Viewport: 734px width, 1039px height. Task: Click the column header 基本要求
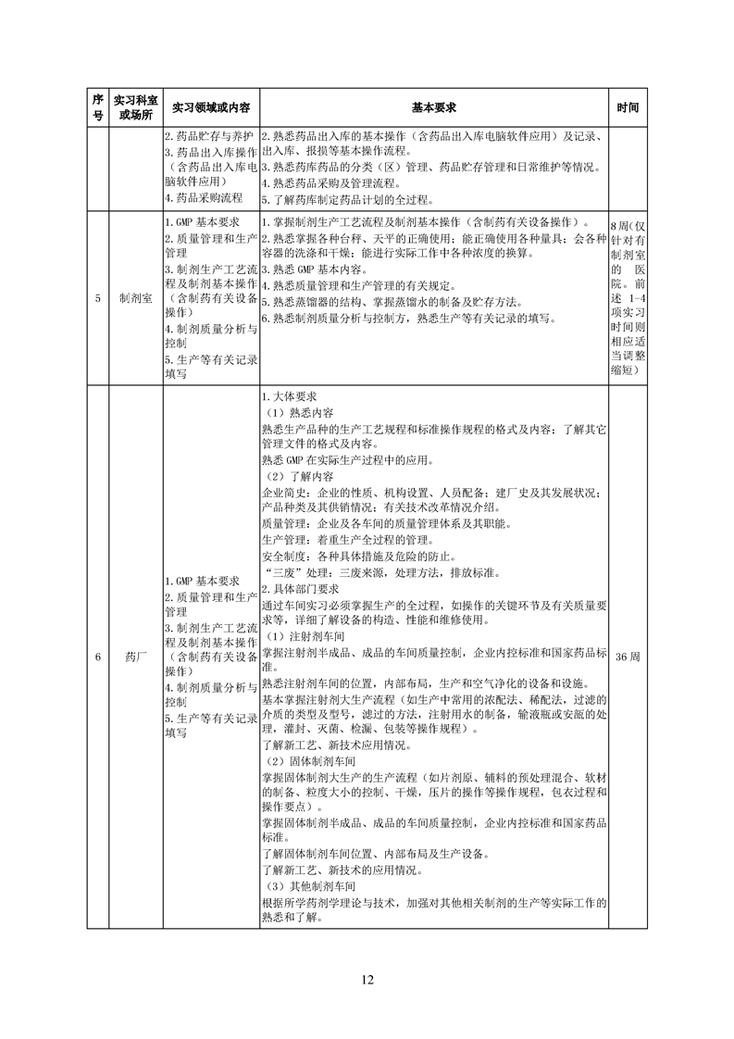tap(434, 107)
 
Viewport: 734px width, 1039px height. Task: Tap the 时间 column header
tap(628, 107)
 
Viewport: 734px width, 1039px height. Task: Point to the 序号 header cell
tap(98, 107)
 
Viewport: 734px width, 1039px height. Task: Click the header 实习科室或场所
tap(136, 107)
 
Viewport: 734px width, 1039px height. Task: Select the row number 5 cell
tap(98, 299)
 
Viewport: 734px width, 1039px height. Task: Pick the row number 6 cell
tap(98, 657)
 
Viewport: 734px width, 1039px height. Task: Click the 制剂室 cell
tap(136, 299)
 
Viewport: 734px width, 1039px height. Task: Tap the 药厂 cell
tap(136, 657)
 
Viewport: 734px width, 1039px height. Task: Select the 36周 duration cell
tap(628, 657)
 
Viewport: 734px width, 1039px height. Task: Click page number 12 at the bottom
tap(367, 980)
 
